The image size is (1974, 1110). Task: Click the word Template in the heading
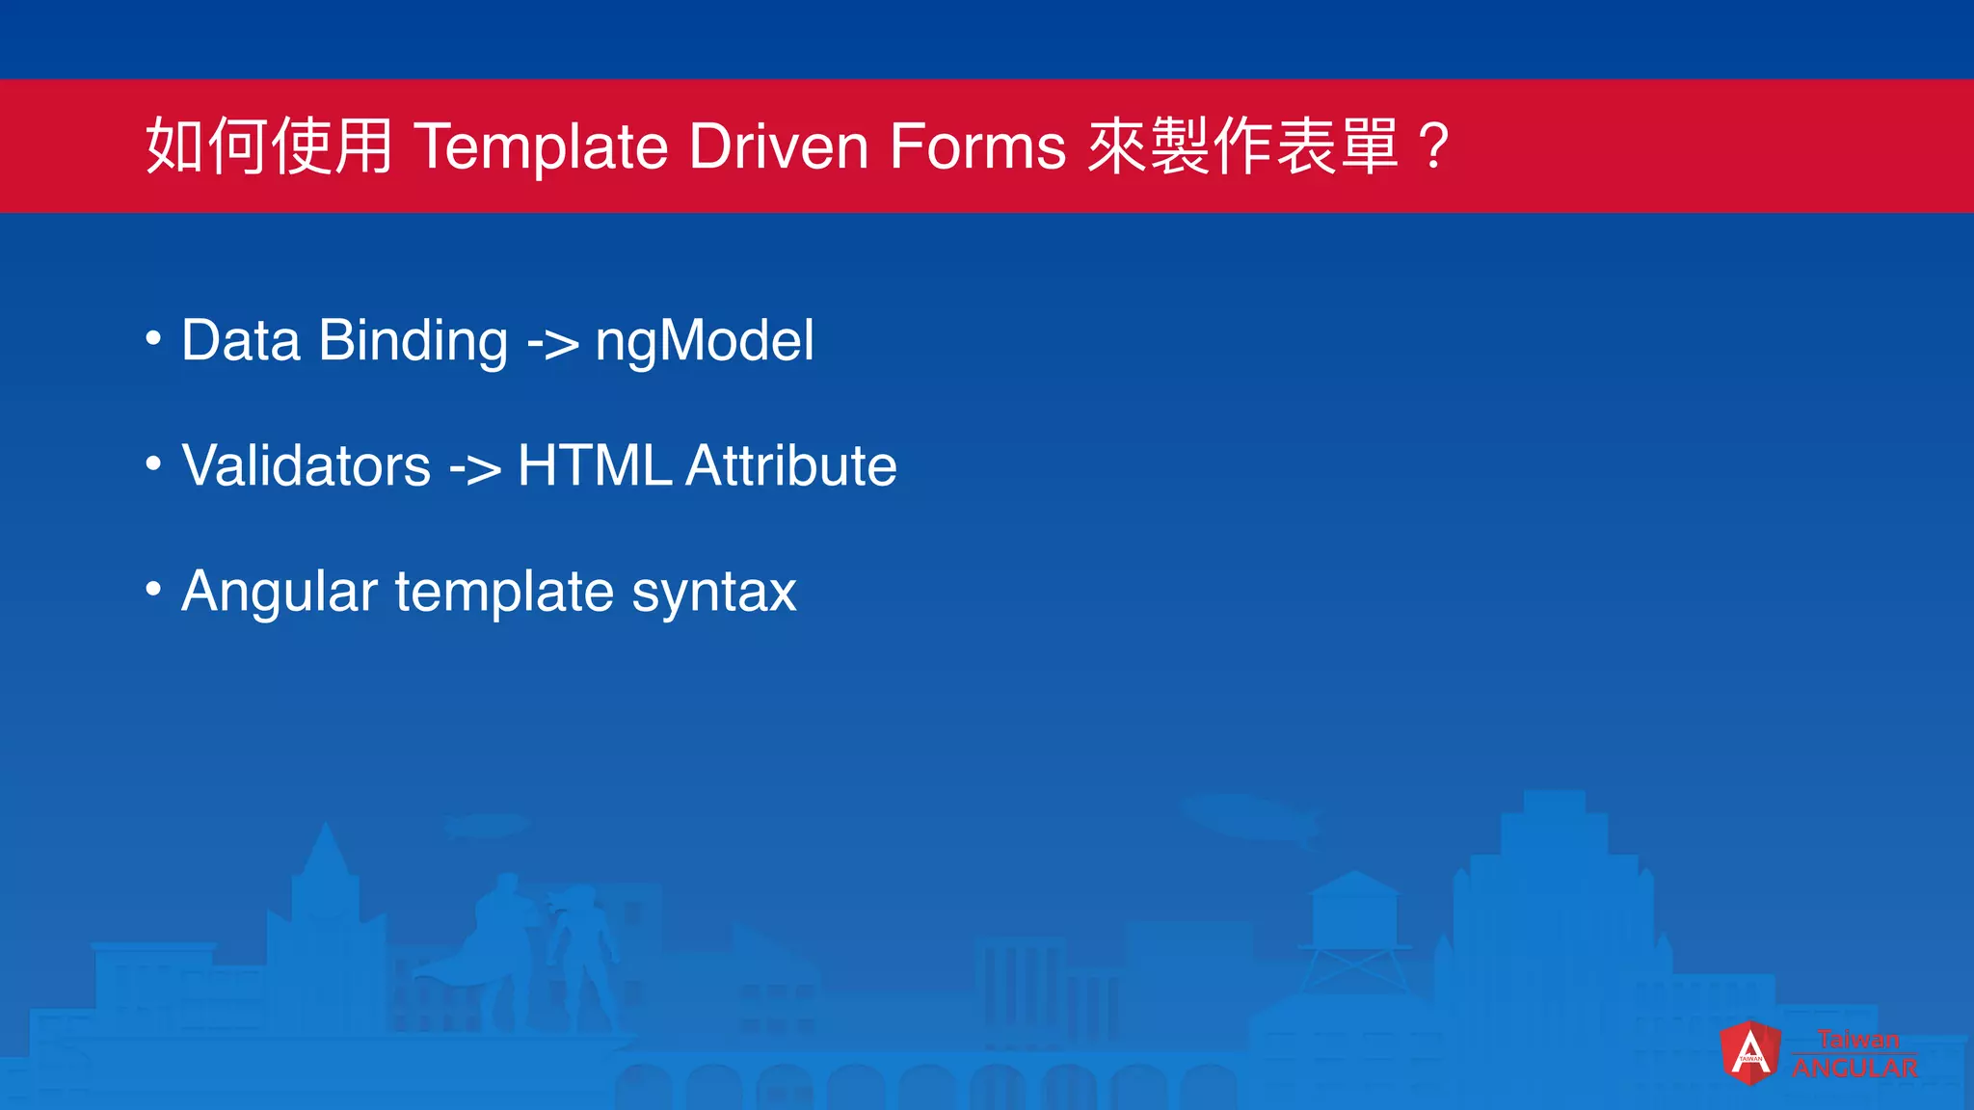542,147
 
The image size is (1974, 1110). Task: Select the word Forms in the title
977,147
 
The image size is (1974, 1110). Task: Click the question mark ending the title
1434,147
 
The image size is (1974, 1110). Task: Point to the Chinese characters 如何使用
269,147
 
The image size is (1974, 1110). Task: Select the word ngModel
705,341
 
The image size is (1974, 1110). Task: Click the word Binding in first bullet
413,341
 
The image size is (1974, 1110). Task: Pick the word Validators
306,466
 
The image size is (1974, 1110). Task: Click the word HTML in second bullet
594,466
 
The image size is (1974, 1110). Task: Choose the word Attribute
791,466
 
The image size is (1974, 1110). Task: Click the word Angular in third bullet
280,592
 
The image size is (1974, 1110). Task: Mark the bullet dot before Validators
153,464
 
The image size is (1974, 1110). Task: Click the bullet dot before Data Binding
153,339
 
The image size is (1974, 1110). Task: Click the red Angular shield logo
1749,1052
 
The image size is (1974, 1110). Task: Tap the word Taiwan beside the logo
1857,1040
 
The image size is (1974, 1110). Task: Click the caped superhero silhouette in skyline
496,944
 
